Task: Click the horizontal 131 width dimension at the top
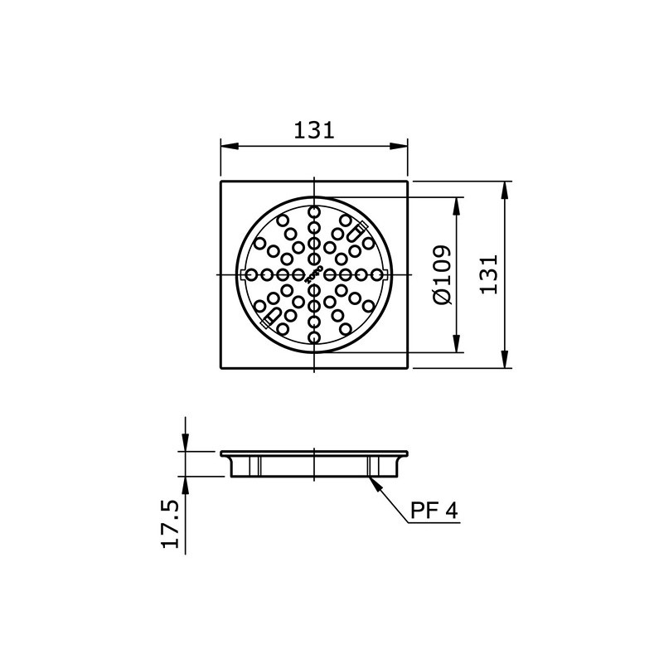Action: pos(313,130)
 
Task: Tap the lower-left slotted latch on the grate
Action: pos(268,318)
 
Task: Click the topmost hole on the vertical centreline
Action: pos(313,213)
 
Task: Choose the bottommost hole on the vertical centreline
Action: pos(313,336)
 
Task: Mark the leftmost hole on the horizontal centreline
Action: pos(252,274)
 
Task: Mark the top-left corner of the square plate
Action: pos(220,181)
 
